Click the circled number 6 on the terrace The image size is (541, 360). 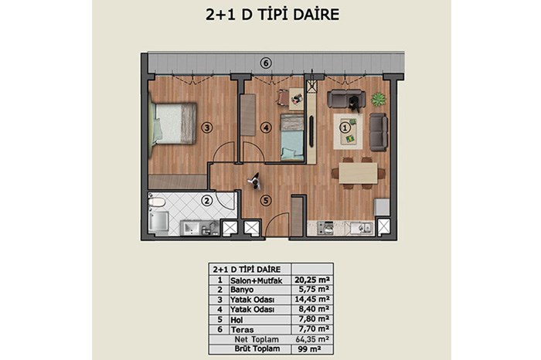[x=265, y=63]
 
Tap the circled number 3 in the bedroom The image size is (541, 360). [x=206, y=128]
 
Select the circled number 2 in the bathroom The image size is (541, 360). [x=206, y=201]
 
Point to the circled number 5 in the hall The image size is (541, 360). [x=265, y=200]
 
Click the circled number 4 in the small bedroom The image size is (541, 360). [x=265, y=128]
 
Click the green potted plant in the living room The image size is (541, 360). [x=379, y=100]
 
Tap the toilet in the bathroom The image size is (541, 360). [x=156, y=202]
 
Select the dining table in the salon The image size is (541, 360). [x=358, y=173]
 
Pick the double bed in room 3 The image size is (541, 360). [x=172, y=123]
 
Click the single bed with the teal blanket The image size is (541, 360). [x=292, y=138]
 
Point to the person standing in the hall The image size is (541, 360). [x=255, y=181]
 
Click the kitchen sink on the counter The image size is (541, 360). [x=362, y=228]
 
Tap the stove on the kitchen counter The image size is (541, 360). [x=325, y=228]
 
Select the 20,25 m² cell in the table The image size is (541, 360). [x=311, y=280]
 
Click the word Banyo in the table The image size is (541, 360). [x=242, y=290]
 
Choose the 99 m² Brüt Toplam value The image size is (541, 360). [x=309, y=349]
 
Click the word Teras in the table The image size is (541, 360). [x=242, y=330]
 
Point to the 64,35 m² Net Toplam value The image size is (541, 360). [x=312, y=339]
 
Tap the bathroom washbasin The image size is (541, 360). [x=191, y=228]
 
